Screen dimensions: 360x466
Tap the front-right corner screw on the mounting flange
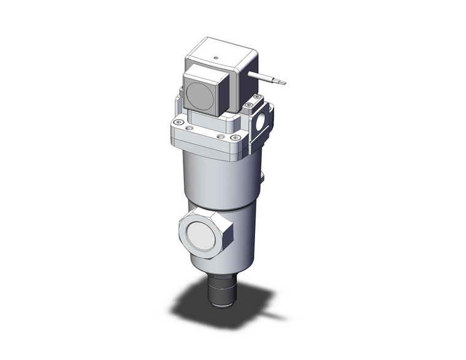click(232, 139)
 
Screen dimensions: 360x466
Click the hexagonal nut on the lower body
click(207, 232)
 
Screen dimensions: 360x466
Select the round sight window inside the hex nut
click(203, 234)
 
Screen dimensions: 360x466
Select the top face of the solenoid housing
click(221, 52)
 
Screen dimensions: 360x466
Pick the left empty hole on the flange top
click(189, 128)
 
